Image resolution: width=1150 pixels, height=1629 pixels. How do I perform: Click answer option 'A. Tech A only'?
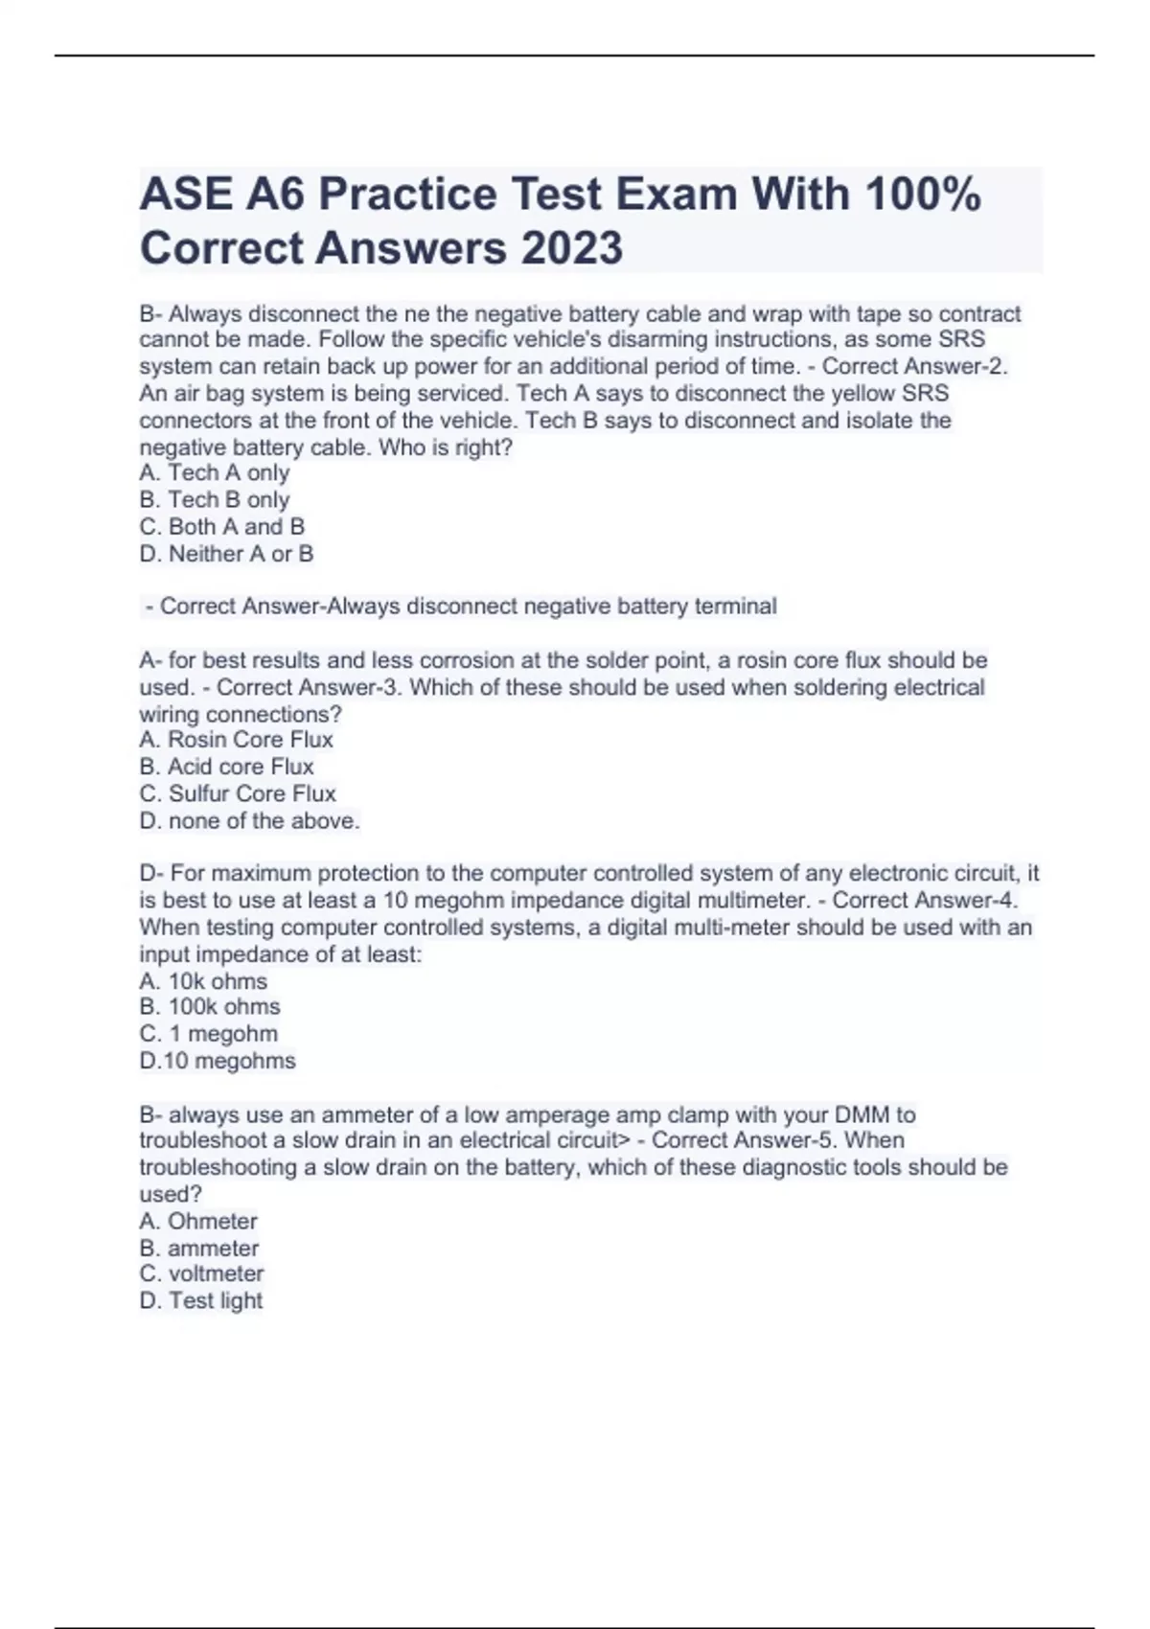[215, 473]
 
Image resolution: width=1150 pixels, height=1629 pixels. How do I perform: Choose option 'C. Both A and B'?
[222, 527]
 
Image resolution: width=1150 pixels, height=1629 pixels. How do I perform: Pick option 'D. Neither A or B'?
[227, 554]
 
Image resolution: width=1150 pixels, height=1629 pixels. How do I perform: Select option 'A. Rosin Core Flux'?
[237, 740]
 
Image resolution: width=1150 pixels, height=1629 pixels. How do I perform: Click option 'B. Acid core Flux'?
[227, 767]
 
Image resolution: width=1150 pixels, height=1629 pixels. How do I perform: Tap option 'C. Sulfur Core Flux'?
[238, 793]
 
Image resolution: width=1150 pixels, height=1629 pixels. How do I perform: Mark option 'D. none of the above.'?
[250, 821]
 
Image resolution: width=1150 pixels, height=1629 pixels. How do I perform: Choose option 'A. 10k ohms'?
[203, 981]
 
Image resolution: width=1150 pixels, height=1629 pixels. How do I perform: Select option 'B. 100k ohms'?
[210, 1007]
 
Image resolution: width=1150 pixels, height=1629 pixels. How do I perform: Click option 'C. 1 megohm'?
[209, 1034]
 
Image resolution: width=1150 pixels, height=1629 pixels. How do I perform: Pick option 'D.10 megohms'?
[218, 1061]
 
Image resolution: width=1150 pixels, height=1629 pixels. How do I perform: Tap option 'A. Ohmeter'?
[198, 1222]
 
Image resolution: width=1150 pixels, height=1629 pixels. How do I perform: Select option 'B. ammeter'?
[199, 1249]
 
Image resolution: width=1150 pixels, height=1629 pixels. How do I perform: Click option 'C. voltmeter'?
[201, 1274]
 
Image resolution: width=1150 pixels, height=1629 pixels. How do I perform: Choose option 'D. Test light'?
[201, 1301]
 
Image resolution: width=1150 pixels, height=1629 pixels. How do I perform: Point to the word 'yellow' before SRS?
[861, 394]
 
